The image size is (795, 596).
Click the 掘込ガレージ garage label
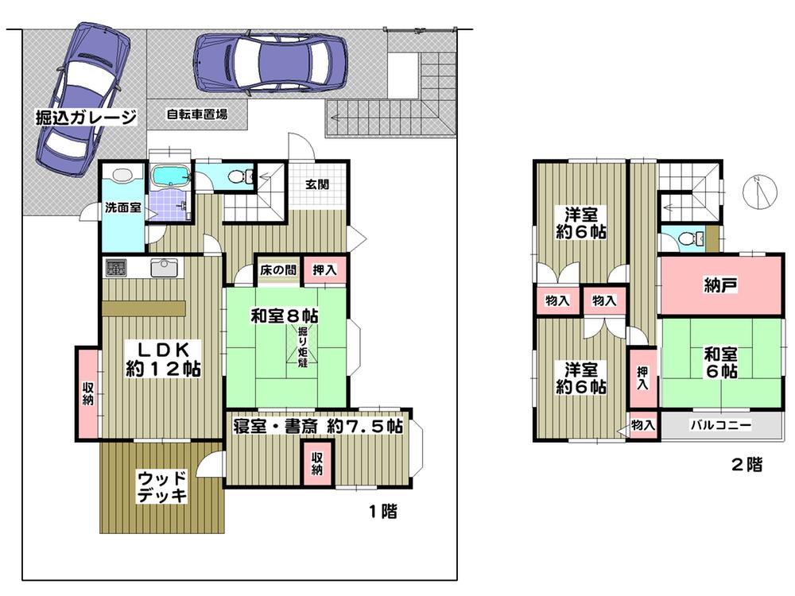coord(86,118)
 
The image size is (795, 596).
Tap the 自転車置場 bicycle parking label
coord(196,114)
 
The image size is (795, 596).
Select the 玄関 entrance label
coord(318,184)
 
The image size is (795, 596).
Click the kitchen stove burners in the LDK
coord(113,267)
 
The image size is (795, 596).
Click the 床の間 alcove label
coord(277,270)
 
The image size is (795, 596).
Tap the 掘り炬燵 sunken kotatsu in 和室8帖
coord(304,345)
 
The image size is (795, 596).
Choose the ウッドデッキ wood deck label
coord(162,486)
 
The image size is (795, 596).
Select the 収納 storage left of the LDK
coord(87,393)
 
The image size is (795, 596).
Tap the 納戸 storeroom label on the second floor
coord(721,285)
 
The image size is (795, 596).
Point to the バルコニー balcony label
coord(720,425)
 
